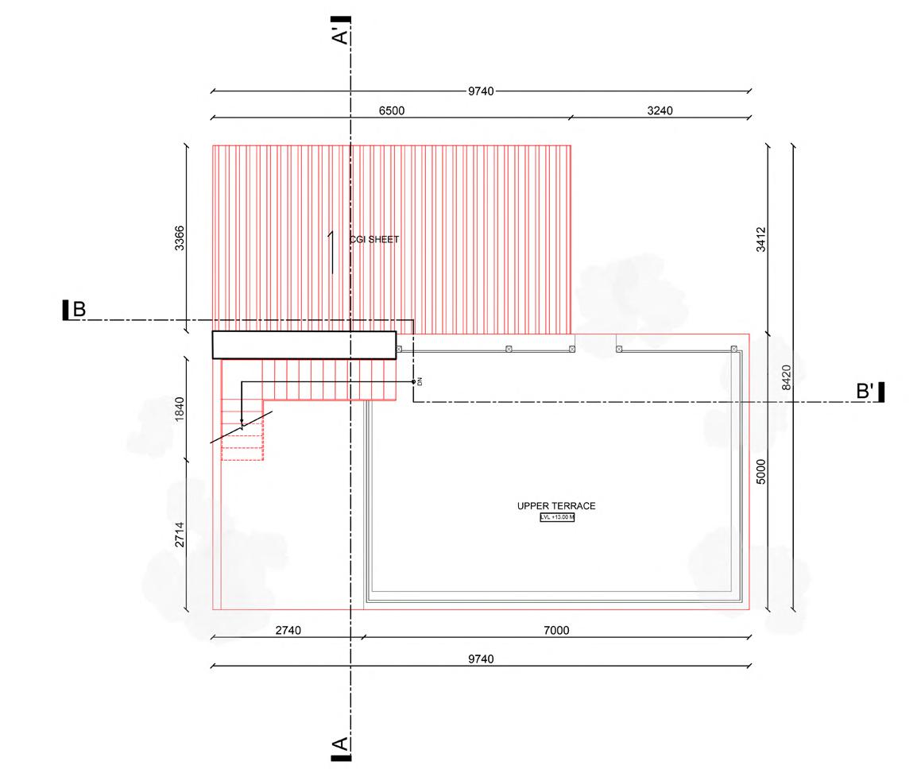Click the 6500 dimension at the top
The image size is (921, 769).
click(391, 110)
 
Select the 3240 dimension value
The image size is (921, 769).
click(660, 110)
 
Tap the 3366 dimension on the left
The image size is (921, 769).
click(180, 238)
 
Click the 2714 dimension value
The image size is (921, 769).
click(180, 534)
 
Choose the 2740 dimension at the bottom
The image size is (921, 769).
click(287, 630)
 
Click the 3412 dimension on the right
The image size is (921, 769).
click(760, 238)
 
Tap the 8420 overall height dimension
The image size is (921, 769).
click(786, 377)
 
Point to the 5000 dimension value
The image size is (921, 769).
click(760, 473)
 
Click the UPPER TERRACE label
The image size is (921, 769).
click(555, 506)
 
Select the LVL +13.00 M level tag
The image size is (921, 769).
click(556, 518)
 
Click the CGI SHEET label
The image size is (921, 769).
click(374, 239)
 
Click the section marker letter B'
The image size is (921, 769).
click(865, 391)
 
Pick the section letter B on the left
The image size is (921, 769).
click(79, 309)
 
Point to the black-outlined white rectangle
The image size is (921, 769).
click(304, 345)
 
